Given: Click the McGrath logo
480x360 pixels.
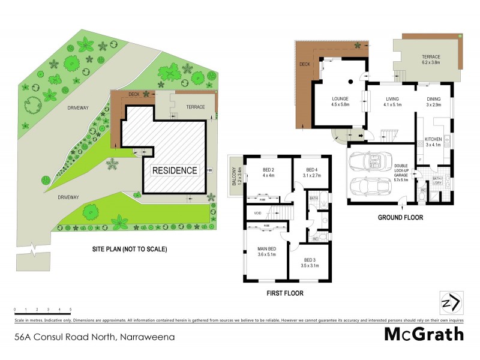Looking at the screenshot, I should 424,335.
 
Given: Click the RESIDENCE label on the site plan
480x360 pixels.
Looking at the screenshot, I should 174,170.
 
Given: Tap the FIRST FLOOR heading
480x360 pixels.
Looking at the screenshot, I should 285,293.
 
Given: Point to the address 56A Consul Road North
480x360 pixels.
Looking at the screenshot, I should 95,337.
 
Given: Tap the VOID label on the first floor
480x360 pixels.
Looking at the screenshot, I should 257,212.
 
